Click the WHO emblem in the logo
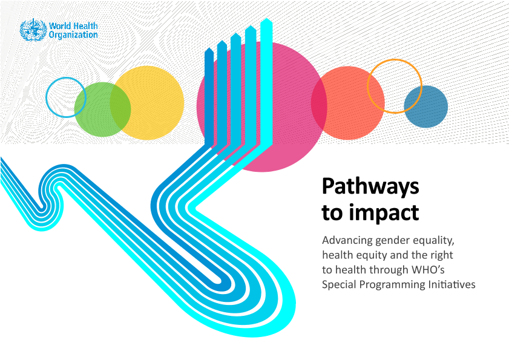tap(33, 30)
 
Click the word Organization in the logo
tap(73, 35)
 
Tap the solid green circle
tap(102, 110)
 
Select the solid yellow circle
tap(147, 103)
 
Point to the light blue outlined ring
tap(46, 97)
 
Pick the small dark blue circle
tap(426, 106)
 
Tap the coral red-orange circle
tap(348, 103)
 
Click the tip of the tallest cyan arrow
tap(266, 19)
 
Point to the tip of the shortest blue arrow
tap(209, 48)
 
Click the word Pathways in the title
tap(370, 187)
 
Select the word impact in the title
tap(384, 212)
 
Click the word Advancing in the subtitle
tap(347, 241)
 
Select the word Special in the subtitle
tap(339, 285)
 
